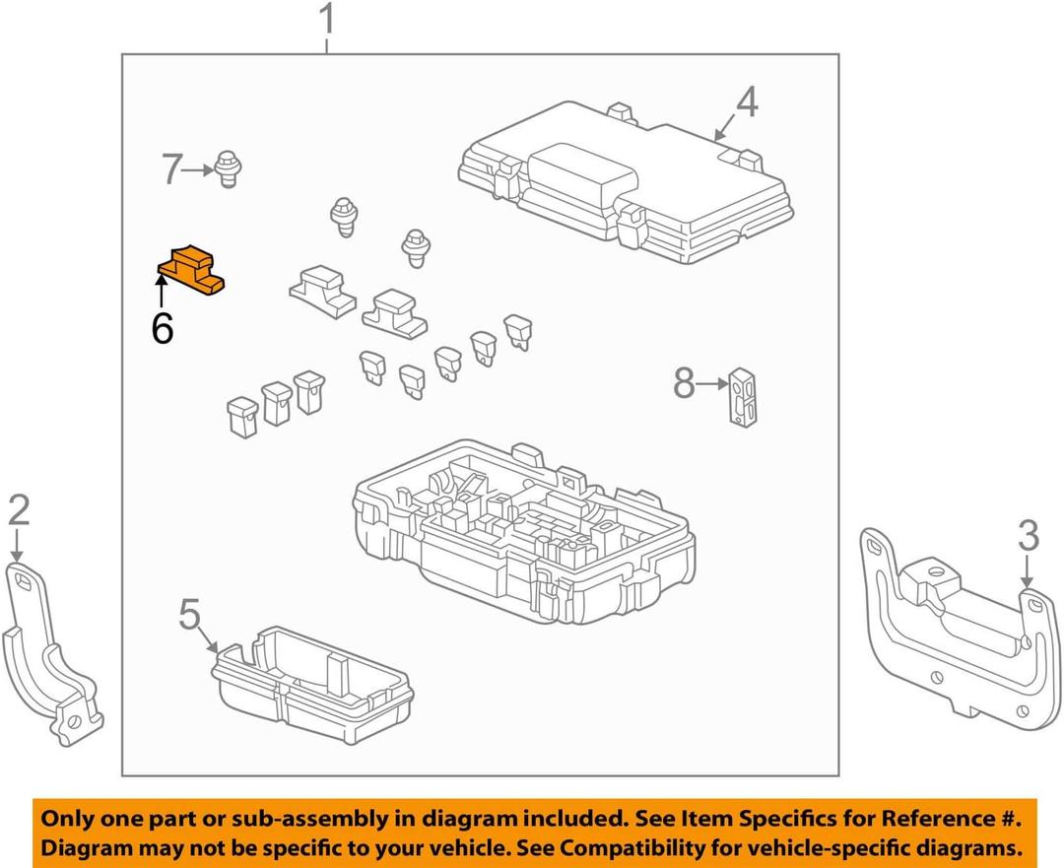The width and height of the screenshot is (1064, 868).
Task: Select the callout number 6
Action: coord(163,328)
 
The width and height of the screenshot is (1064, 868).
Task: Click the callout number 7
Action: coord(172,170)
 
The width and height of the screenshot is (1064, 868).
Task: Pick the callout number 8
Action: coord(685,383)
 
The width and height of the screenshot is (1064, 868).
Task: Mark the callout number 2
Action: coord(20,510)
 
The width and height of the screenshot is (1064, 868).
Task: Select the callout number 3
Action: coord(1028,537)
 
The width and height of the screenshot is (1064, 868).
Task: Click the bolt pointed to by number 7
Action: coord(229,168)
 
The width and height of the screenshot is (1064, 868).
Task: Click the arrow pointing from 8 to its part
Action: coord(711,384)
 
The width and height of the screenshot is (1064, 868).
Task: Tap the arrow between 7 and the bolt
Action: coord(201,170)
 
